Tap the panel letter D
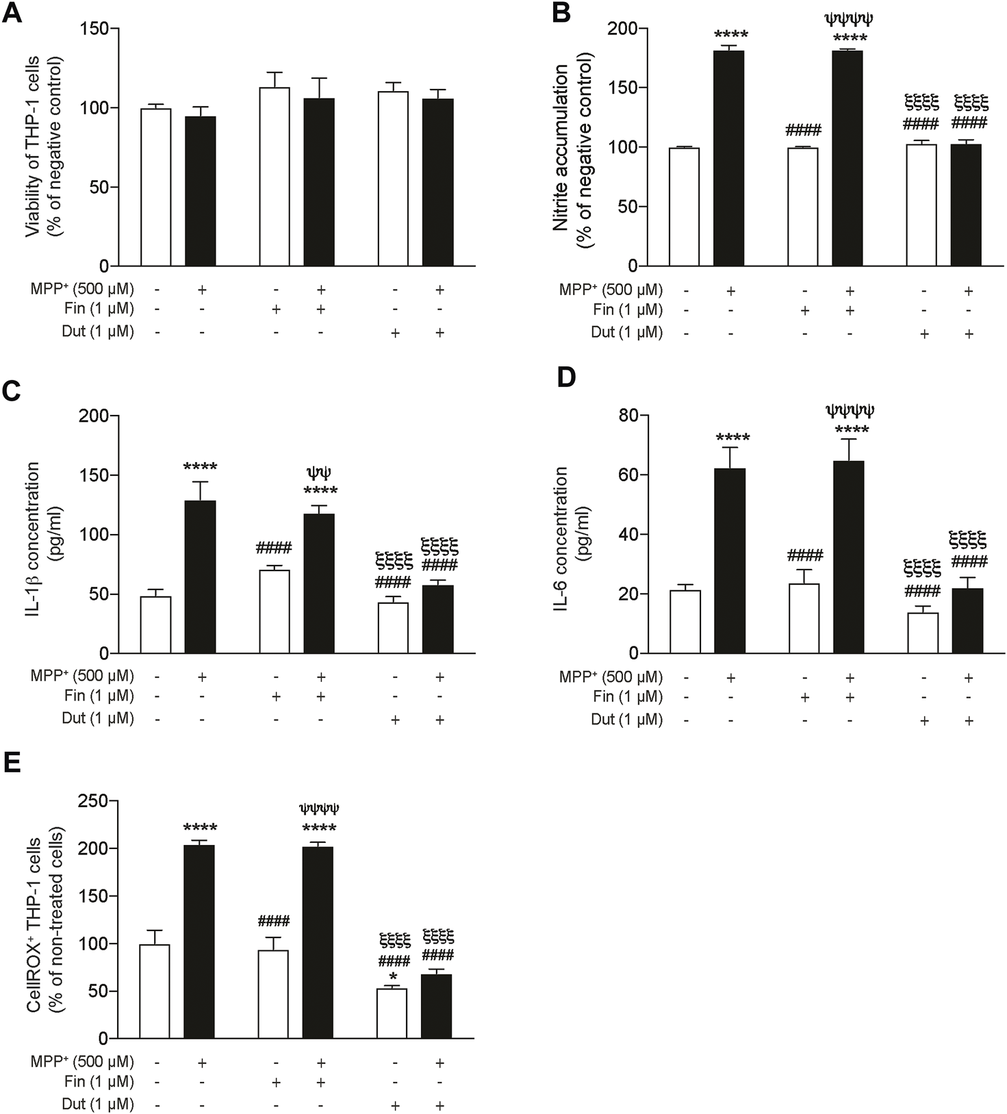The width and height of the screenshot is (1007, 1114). click(567, 378)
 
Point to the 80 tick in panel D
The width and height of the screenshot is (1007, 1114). click(629, 416)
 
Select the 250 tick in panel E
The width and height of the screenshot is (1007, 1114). click(94, 800)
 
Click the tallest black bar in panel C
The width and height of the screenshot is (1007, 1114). click(201, 577)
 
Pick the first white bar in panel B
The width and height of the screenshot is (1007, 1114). click(684, 207)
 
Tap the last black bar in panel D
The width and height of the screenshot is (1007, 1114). click(968, 620)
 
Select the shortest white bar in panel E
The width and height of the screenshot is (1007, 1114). click(392, 1013)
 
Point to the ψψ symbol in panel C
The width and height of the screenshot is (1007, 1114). click(320, 473)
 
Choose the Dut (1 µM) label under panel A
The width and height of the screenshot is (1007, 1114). click(98, 332)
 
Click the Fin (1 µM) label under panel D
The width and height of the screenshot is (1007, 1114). click(627, 698)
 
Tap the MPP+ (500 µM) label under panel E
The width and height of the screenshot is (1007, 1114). click(82, 1062)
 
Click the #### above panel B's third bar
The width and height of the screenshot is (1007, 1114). click(804, 130)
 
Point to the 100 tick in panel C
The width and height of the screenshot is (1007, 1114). click(94, 535)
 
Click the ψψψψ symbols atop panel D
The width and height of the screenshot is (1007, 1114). click(850, 411)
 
